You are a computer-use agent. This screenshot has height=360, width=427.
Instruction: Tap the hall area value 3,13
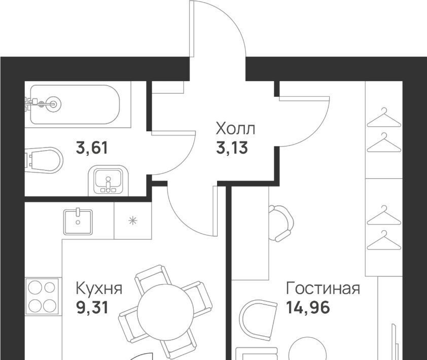(232, 148)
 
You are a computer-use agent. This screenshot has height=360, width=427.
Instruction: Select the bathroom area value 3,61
(92, 149)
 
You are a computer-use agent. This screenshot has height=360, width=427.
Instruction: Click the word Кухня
(99, 289)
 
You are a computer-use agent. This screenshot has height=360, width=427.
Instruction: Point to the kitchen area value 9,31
(92, 308)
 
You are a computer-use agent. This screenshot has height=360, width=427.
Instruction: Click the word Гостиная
(323, 289)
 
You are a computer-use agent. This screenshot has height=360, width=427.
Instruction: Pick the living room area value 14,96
(308, 308)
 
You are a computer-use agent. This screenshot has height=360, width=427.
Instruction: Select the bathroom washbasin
(108, 181)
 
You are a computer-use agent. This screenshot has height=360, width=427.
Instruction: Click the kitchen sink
(78, 222)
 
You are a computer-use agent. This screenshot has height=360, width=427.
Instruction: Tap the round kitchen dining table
(165, 312)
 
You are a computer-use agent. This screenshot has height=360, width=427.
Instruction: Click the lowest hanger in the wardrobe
(384, 240)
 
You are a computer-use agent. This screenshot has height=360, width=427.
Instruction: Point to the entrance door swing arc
(219, 28)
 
